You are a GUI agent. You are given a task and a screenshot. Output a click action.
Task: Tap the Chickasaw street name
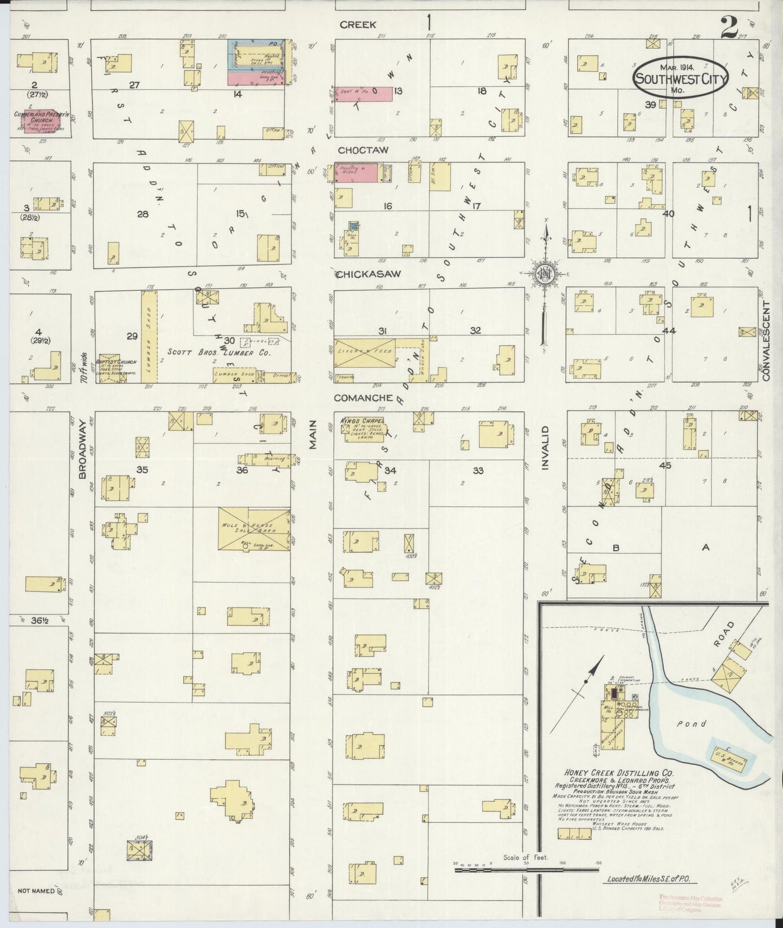(x=368, y=274)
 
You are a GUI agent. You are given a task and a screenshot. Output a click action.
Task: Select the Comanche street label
(x=363, y=398)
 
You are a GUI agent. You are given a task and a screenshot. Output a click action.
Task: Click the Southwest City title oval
(x=681, y=79)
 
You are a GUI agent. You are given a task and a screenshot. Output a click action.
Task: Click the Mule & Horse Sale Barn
(x=254, y=528)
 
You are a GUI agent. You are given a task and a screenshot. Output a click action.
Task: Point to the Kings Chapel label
(x=363, y=421)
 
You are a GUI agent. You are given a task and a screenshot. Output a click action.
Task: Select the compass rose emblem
(x=545, y=274)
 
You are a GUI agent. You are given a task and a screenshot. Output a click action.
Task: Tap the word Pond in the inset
(x=692, y=723)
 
